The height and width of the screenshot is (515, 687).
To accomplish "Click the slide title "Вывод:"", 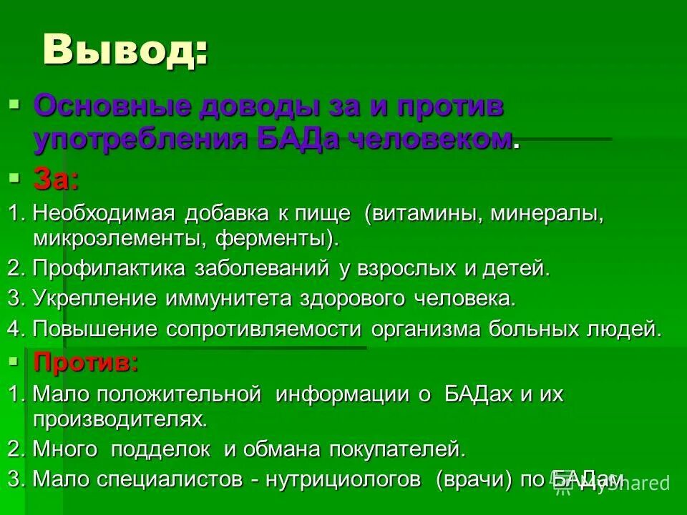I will [x=126, y=51].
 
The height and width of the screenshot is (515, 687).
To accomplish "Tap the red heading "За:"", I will [x=56, y=180].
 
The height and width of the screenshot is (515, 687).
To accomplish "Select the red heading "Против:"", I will [x=86, y=363].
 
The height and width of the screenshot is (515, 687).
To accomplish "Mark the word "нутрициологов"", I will [x=347, y=480].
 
